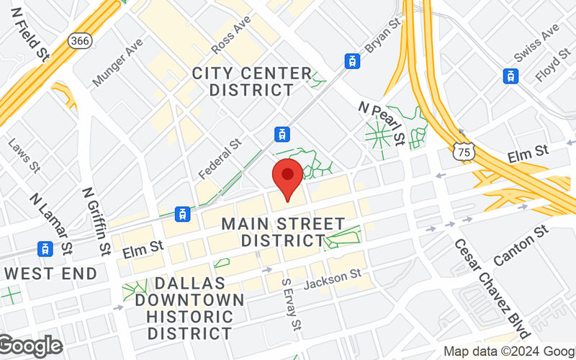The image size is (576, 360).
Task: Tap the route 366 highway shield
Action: pyautogui.click(x=80, y=41)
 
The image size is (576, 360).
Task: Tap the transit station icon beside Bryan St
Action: pyautogui.click(x=353, y=61)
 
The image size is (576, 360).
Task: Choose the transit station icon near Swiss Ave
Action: pyautogui.click(x=510, y=76)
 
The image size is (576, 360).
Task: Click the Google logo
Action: pyautogui.click(x=30, y=346)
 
